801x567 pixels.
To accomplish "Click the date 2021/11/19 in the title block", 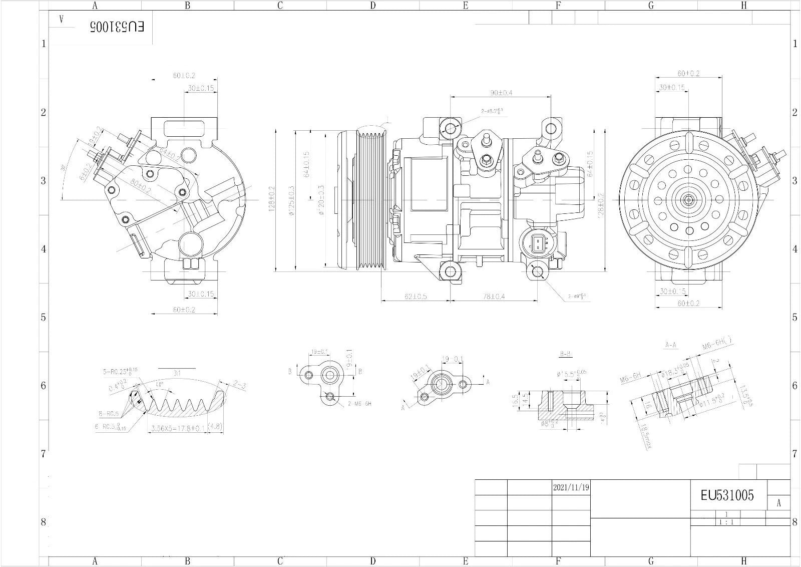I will pyautogui.click(x=571, y=487).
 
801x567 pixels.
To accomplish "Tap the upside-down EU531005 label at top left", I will pyautogui.click(x=117, y=27).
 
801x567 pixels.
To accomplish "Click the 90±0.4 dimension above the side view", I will pyautogui.click(x=501, y=93).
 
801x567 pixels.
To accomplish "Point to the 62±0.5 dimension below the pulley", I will pyautogui.click(x=416, y=297).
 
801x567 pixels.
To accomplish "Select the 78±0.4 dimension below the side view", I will pyautogui.click(x=494, y=297).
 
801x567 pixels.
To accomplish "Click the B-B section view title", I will pyautogui.click(x=566, y=354).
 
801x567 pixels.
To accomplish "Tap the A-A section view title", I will pyautogui.click(x=671, y=345).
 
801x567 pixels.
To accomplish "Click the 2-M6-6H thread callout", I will pyautogui.click(x=360, y=404).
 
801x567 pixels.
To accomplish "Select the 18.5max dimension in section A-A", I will pyautogui.click(x=645, y=436).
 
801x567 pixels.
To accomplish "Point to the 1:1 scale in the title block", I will pyautogui.click(x=726, y=522).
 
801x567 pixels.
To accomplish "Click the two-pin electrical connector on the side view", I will pyautogui.click(x=537, y=244).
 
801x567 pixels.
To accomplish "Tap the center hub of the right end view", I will pyautogui.click(x=689, y=199).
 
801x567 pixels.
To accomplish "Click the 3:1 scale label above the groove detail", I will pyautogui.click(x=177, y=373).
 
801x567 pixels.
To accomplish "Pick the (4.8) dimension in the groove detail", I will pyautogui.click(x=216, y=427).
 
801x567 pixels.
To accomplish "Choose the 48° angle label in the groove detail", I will pyautogui.click(x=159, y=385).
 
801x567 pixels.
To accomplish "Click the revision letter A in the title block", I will pyautogui.click(x=778, y=503).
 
